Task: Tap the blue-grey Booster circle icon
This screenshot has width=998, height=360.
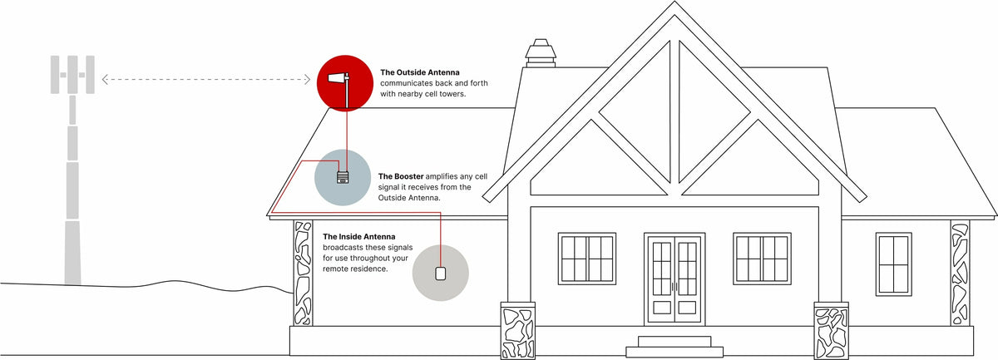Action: click(342, 177)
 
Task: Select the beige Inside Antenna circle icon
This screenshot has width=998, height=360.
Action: click(441, 272)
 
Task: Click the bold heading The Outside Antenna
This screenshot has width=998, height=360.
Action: click(419, 72)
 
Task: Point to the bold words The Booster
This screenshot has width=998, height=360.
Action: click(401, 176)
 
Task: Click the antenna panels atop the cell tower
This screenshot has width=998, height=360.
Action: click(72, 75)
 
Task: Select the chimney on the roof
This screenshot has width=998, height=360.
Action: click(541, 53)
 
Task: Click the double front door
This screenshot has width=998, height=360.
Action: click(674, 279)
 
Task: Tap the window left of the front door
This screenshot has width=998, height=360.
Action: click(587, 259)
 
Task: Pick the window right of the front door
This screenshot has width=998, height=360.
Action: click(761, 259)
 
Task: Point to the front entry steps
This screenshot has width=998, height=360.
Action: click(674, 345)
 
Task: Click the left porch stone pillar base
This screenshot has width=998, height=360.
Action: click(518, 331)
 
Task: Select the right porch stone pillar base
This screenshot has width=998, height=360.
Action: click(830, 331)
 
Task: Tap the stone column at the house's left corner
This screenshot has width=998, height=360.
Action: click(302, 273)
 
